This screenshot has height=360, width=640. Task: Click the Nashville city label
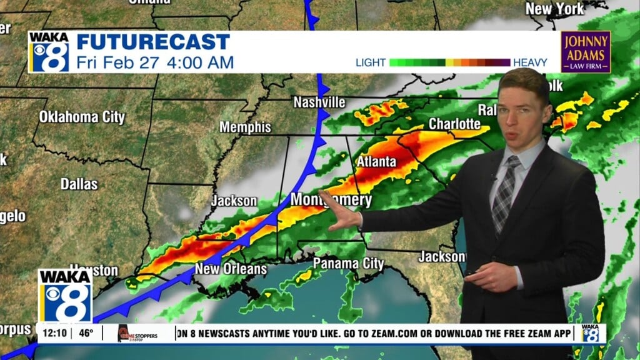[319, 102]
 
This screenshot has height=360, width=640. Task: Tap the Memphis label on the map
[245, 127]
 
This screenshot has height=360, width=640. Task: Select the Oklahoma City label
[82, 117]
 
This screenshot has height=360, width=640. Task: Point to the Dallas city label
[79, 184]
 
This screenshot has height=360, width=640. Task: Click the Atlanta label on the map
[376, 162]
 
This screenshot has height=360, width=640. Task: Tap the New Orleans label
[231, 269]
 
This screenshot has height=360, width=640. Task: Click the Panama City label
[348, 263]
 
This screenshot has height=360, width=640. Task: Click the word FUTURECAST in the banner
[153, 42]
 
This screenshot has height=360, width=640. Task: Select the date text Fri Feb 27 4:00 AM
[155, 62]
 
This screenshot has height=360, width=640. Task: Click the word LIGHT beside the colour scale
[371, 62]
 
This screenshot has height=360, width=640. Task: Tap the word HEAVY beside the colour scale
[530, 62]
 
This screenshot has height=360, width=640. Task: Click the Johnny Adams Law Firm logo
[586, 51]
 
